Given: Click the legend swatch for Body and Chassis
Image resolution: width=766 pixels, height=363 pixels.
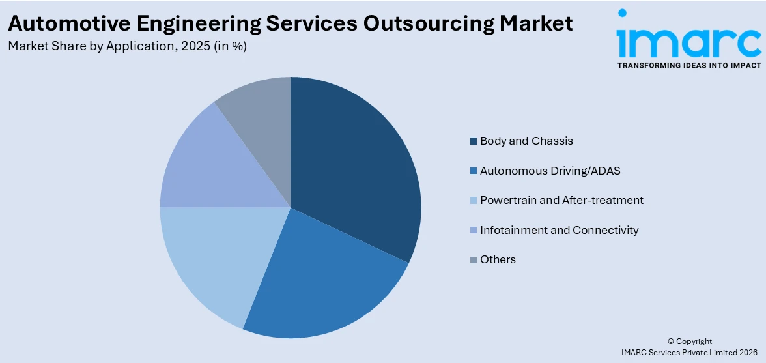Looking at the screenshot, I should coord(473,141).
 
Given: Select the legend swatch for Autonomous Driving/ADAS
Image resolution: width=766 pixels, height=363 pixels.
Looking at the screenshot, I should coord(473,171).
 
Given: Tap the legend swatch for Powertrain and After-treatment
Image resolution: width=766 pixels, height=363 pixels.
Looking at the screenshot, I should coord(473,201).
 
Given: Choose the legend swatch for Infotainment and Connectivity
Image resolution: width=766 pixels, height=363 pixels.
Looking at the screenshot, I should coord(473,230).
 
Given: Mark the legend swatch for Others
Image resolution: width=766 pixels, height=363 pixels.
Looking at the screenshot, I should coord(473,260).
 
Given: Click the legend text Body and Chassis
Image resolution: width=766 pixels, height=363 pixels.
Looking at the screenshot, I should coord(526,141).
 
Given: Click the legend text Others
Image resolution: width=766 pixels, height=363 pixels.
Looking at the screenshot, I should coord(498,259).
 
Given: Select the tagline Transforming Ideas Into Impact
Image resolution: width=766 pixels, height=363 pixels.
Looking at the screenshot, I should coord(689,66).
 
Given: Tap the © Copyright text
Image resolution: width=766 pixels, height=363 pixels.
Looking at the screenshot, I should coord(690,341).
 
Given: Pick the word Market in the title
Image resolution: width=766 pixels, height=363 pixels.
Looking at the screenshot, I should coord(537,23).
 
